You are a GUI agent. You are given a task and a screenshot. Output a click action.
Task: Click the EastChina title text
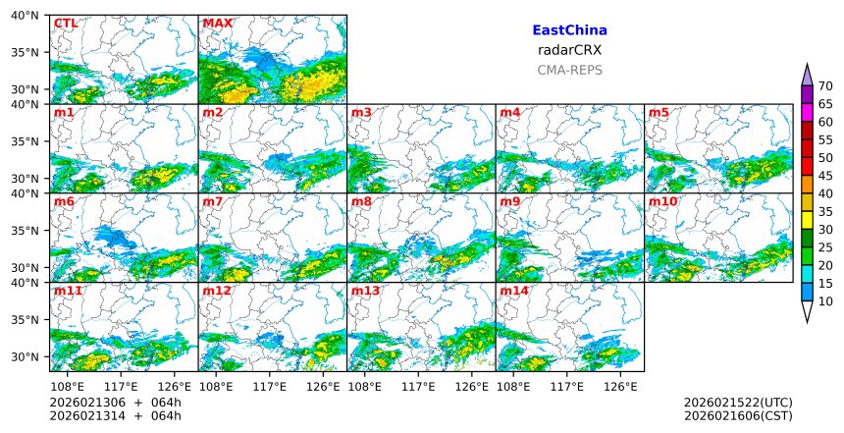pos(569,30)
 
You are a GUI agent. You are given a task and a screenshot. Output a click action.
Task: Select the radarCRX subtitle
pos(569,50)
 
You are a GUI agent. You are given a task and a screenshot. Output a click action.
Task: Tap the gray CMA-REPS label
pos(569,70)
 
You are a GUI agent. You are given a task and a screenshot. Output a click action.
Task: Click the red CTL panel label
pos(66,23)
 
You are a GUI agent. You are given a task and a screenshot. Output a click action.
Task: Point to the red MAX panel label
pos(217,23)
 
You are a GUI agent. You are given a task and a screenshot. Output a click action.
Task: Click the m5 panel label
pos(659,113)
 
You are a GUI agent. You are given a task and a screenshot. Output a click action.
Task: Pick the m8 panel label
pos(361,201)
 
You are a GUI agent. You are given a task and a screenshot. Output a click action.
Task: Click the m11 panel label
pos(68,292)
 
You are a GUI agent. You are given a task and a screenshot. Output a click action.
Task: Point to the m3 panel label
pos(361,113)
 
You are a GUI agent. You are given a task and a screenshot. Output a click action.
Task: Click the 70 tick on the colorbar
pos(826,86)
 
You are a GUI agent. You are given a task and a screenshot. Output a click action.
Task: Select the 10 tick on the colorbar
pos(826,301)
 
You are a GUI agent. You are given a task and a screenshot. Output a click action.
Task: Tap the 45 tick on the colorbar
pos(826,176)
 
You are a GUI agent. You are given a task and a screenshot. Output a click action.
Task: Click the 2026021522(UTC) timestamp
pos(738,403)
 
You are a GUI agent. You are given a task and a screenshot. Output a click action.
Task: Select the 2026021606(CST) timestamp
pos(738,416)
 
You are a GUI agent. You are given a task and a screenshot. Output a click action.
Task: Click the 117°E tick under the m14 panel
pos(568,386)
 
